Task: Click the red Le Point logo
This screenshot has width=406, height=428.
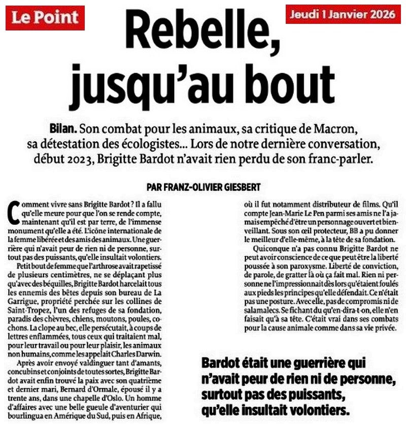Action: pos(45,17)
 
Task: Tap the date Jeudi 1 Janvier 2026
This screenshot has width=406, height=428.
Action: pos(343,14)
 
